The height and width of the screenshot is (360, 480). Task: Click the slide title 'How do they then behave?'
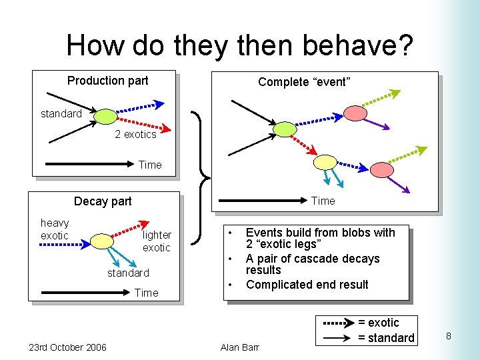[239, 45]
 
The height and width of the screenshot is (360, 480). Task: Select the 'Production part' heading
[107, 81]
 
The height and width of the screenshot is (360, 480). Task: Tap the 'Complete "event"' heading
[304, 82]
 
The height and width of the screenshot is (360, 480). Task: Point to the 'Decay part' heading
[103, 201]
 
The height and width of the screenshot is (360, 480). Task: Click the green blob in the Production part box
[105, 117]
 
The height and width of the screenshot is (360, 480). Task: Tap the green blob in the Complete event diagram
[285, 129]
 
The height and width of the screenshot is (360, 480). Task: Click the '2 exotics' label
[135, 134]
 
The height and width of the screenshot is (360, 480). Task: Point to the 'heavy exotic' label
[55, 229]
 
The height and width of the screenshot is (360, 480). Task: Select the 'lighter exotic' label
[157, 241]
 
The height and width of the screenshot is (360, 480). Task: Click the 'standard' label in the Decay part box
[128, 273]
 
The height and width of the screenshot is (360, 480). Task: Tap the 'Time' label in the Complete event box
[323, 201]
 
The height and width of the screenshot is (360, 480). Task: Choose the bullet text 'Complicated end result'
[307, 285]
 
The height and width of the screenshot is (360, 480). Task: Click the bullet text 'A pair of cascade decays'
[312, 259]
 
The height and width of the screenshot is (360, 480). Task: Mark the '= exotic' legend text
[378, 323]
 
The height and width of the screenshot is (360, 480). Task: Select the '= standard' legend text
[386, 337]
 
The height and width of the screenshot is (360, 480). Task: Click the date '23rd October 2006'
[67, 347]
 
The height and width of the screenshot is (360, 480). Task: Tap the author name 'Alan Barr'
[239, 347]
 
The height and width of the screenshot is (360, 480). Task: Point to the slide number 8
[448, 336]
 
